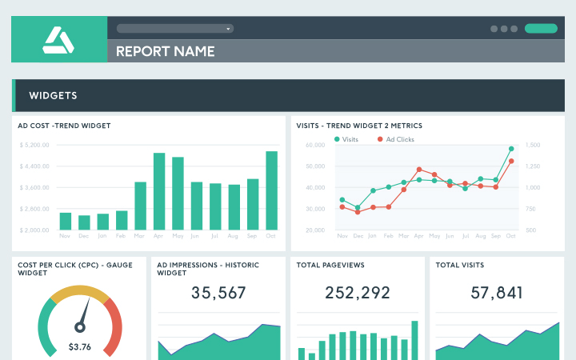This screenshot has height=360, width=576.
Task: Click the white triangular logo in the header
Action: click(58, 39)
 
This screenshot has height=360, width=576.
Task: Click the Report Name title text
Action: click(165, 51)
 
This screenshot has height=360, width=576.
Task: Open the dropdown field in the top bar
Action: click(174, 28)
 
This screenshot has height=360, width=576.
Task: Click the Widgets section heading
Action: click(53, 95)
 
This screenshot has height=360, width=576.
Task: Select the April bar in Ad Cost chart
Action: click(159, 191)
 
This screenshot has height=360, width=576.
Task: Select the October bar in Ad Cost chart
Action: click(272, 190)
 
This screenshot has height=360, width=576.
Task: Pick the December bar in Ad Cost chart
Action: click(84, 222)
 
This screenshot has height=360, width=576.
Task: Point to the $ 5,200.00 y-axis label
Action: click(34, 145)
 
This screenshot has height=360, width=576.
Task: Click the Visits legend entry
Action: click(347, 139)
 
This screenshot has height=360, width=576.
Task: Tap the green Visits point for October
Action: click(511, 149)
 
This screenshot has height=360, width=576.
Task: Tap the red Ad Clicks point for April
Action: click(419, 170)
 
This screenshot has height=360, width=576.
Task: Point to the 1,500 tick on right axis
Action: click(534, 145)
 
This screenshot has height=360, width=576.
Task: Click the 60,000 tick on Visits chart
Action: click(314, 145)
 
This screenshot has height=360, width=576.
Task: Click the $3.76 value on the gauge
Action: click(80, 346)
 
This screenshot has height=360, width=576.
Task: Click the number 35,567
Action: click(218, 293)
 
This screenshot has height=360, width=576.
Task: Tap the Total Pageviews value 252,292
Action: click(358, 293)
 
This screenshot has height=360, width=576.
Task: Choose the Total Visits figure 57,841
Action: click(497, 293)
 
